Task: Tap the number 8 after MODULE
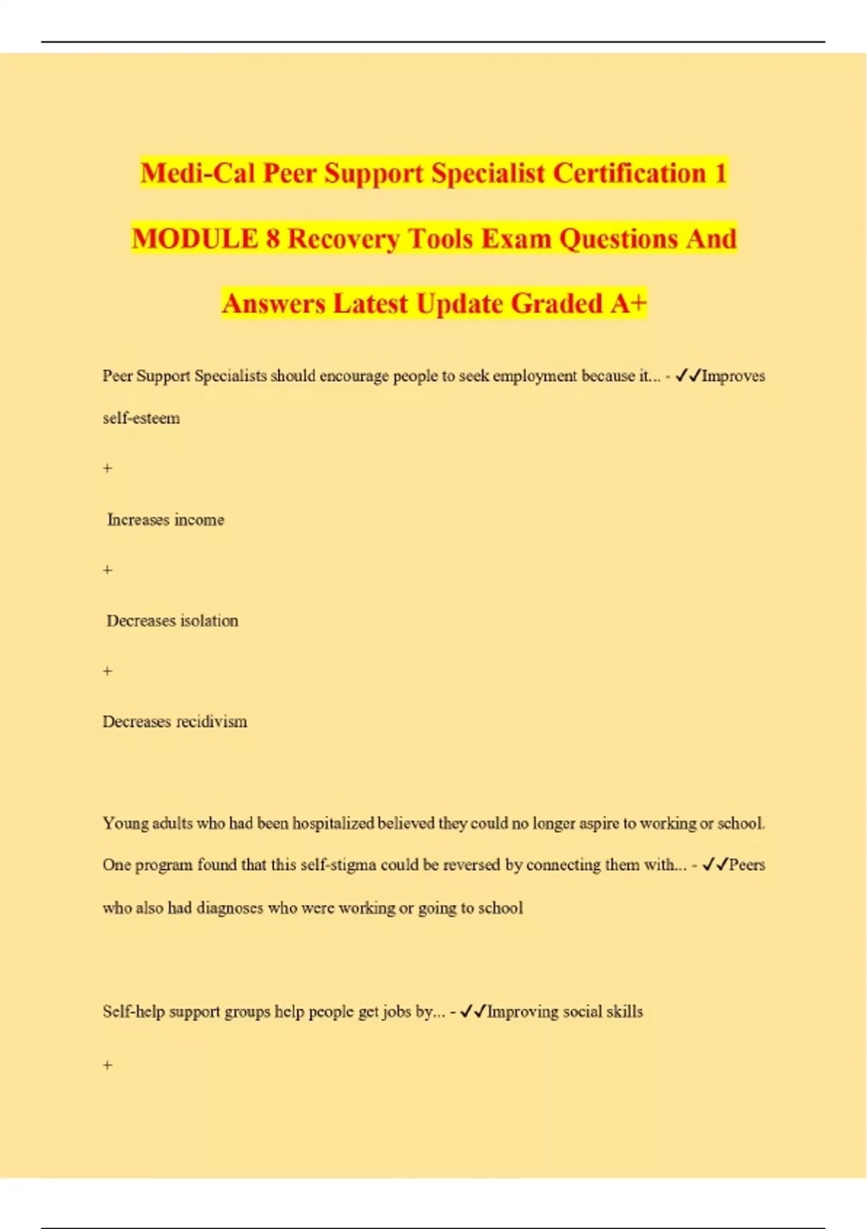(x=272, y=239)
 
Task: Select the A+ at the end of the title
(x=628, y=304)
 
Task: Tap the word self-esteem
(x=141, y=418)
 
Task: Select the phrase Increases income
(x=165, y=520)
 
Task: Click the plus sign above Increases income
(x=108, y=468)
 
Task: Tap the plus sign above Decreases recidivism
(x=108, y=671)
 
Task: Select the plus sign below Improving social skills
(x=108, y=1065)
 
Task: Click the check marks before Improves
(x=688, y=376)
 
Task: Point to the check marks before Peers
(x=715, y=865)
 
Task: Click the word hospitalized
(x=333, y=823)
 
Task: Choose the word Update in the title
(x=460, y=304)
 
